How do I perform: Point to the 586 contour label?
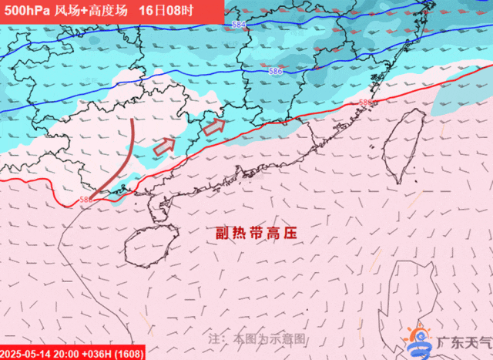[x=275, y=71]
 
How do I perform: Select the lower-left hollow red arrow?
[x=164, y=145]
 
